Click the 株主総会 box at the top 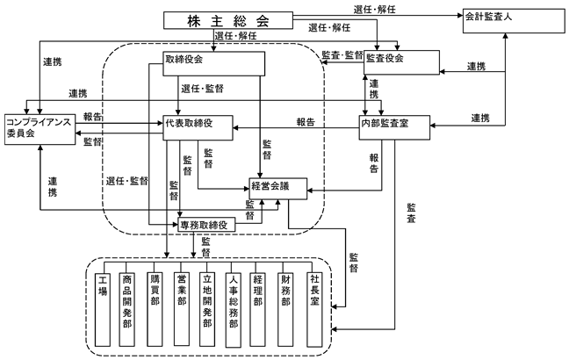pyautogui.click(x=228, y=20)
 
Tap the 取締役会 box pyautogui.click(x=213, y=63)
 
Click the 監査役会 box pyautogui.click(x=401, y=62)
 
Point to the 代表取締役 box pyautogui.click(x=198, y=127)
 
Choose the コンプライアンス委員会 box pyautogui.click(x=40, y=130)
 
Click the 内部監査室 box pyautogui.click(x=394, y=127)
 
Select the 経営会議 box pyautogui.click(x=278, y=189)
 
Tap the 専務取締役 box pyautogui.click(x=206, y=225)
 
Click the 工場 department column pyautogui.click(x=103, y=310)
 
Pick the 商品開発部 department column pyautogui.click(x=126, y=310)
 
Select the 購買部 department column pyautogui.click(x=155, y=310)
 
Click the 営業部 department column pyautogui.click(x=182, y=309)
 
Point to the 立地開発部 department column pyautogui.click(x=207, y=310)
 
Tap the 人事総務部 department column pyautogui.click(x=234, y=310)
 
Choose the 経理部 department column pyautogui.click(x=257, y=310)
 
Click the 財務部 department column pyautogui.click(x=285, y=310)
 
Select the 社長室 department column pyautogui.click(x=314, y=310)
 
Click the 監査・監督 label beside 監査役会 pyautogui.click(x=342, y=55)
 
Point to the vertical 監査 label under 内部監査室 pyautogui.click(x=411, y=213)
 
